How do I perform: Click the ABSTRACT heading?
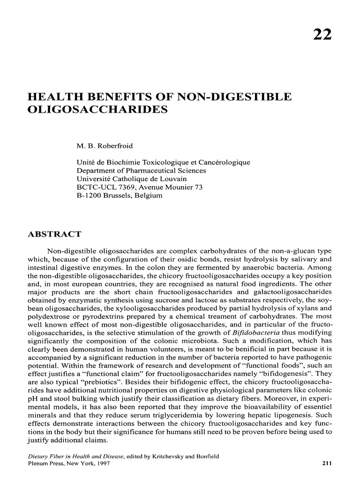(x=55, y=234)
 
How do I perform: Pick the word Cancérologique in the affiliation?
(x=226, y=162)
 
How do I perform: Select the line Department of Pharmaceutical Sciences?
(x=141, y=171)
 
